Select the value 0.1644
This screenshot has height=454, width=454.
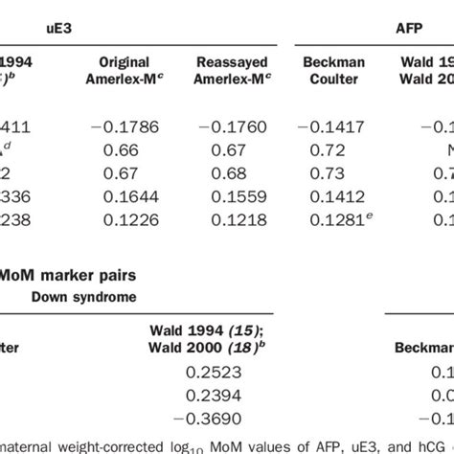pos(137,198)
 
